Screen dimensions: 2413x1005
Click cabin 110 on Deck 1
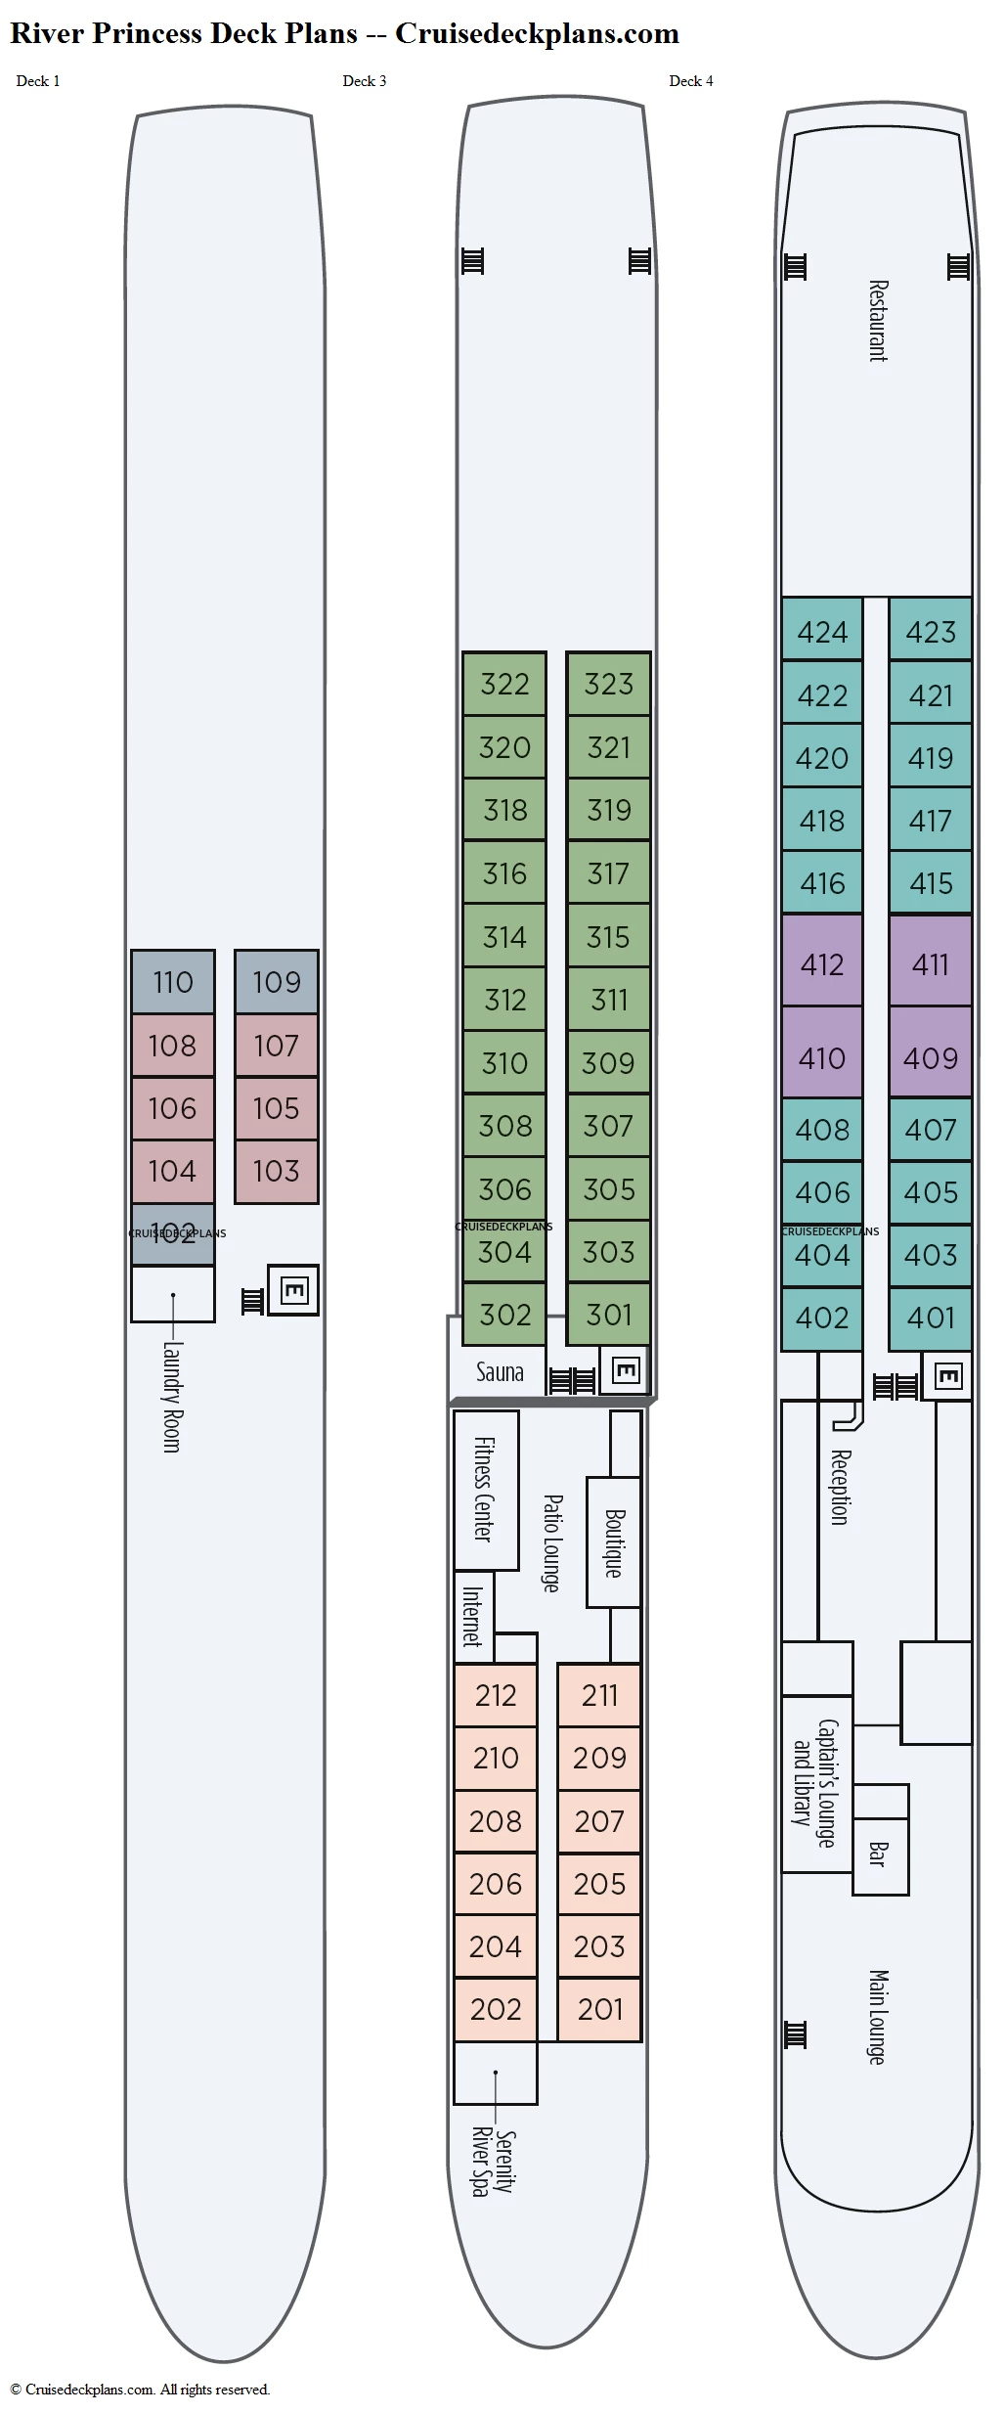[173, 982]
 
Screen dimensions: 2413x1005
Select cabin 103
[277, 1171]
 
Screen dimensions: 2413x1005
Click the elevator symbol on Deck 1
[293, 1290]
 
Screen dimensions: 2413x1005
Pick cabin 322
[504, 684]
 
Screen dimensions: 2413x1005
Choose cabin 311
[608, 1000]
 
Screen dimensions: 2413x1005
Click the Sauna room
[499, 1372]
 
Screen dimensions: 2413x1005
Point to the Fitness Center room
[485, 1489]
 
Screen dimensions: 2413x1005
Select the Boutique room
[614, 1542]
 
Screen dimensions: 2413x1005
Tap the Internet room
[473, 1616]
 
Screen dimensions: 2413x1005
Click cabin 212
[496, 1695]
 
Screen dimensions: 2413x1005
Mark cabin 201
[599, 2009]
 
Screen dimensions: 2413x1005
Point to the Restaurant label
[878, 321]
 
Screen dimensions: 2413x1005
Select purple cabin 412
[821, 964]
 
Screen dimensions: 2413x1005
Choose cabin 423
[930, 632]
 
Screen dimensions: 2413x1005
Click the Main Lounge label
[878, 2017]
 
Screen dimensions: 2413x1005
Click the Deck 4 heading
[690, 81]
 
